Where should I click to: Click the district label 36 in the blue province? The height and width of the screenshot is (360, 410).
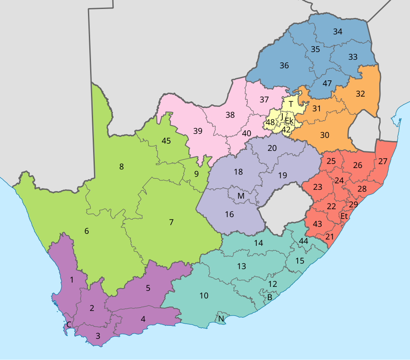(x=284, y=66)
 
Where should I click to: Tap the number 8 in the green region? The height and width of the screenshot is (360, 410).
(x=121, y=167)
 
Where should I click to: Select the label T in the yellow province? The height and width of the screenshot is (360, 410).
(x=291, y=104)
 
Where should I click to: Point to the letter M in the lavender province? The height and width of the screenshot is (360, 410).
(x=241, y=196)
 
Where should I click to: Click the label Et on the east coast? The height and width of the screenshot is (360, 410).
(x=344, y=217)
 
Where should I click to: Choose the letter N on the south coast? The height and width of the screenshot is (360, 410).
(x=221, y=319)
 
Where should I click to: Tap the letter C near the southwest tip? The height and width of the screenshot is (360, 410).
(x=69, y=325)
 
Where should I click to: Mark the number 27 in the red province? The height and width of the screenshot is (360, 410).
(x=383, y=162)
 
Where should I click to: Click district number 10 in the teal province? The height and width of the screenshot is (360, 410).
(x=204, y=295)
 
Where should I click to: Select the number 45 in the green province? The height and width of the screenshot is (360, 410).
(x=166, y=141)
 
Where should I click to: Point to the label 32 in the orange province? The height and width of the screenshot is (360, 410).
(x=360, y=94)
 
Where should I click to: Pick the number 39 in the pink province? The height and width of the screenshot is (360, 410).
(x=197, y=131)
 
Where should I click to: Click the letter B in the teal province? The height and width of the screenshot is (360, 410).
(x=269, y=297)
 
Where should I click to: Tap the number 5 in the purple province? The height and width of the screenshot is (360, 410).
(x=148, y=288)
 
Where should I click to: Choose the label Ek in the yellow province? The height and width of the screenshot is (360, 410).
(x=289, y=121)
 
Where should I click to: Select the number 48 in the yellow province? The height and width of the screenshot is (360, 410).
(x=270, y=123)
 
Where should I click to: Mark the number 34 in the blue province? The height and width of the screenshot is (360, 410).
(x=337, y=32)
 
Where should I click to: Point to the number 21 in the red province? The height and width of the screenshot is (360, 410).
(x=329, y=237)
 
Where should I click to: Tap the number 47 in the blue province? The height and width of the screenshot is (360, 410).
(x=327, y=83)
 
